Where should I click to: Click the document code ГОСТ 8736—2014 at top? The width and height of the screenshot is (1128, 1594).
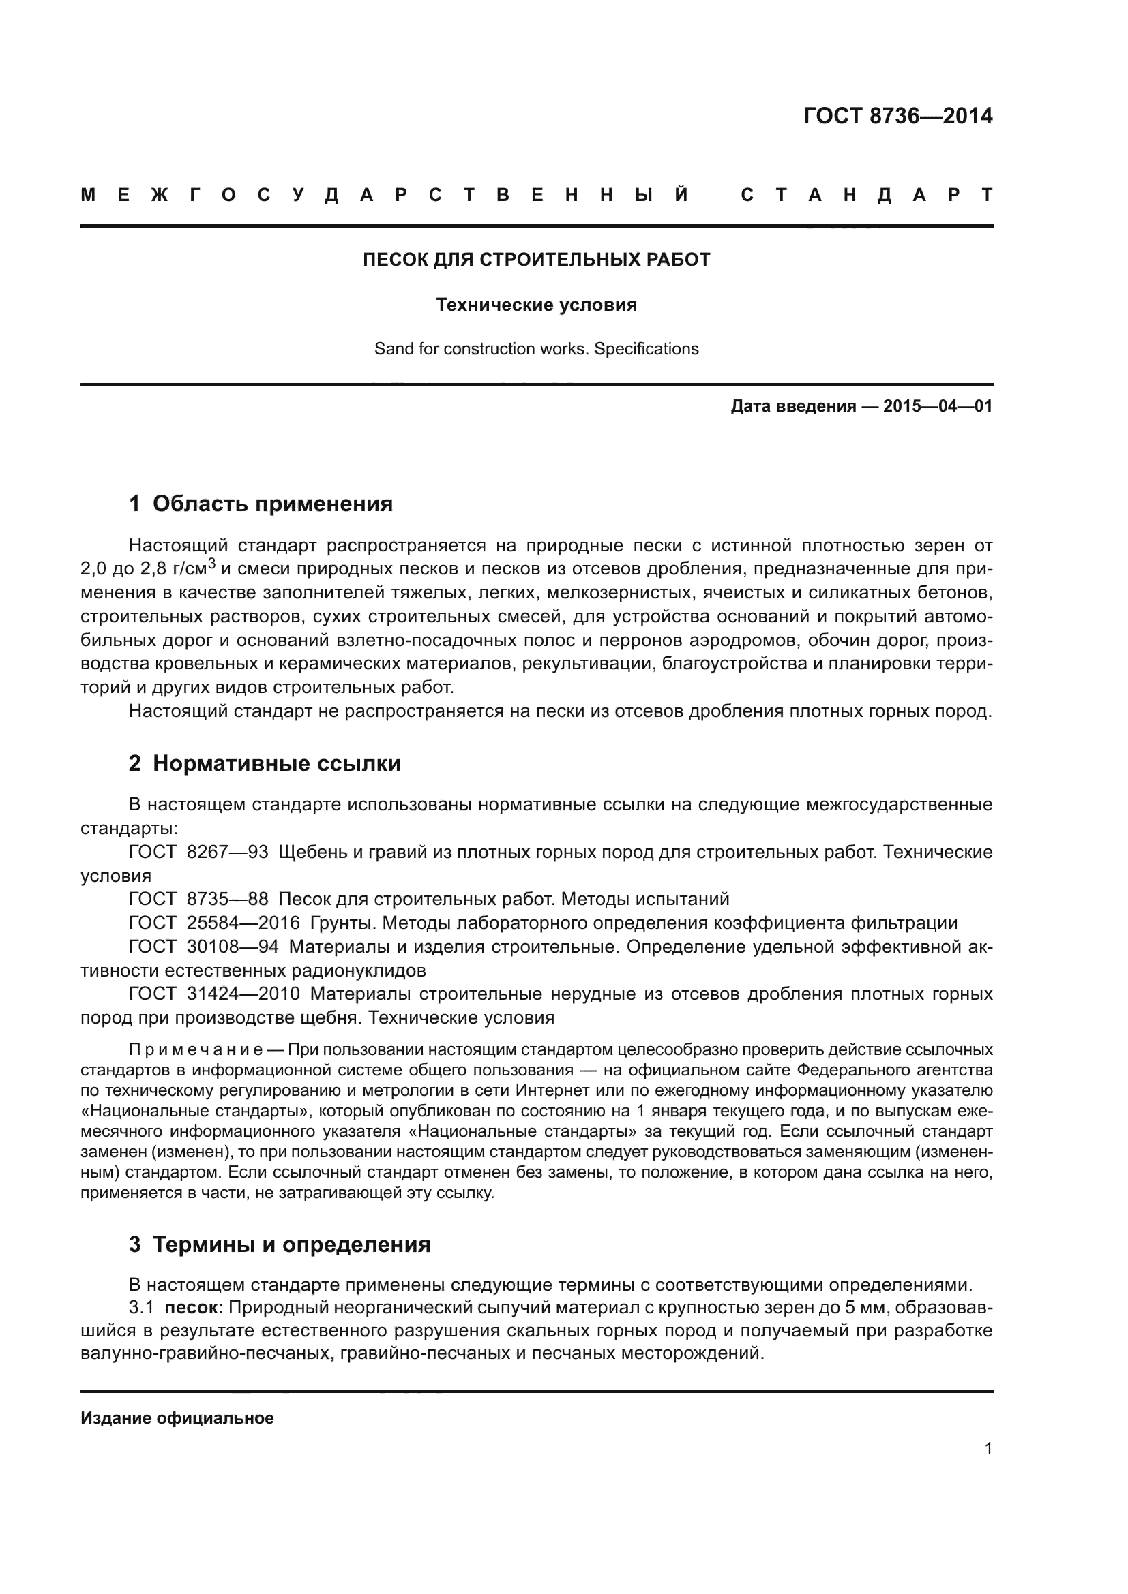[x=897, y=116]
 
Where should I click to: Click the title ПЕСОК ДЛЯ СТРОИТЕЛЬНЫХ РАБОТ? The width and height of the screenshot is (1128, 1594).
[x=536, y=260]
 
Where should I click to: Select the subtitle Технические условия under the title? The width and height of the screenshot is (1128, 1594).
[x=536, y=305]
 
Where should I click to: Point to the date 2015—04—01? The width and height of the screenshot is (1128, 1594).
[x=938, y=406]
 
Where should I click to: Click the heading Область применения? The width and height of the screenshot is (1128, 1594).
[x=272, y=504]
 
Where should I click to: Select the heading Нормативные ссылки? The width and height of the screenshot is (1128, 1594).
[x=276, y=764]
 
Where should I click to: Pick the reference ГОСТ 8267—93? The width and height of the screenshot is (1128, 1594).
[x=198, y=852]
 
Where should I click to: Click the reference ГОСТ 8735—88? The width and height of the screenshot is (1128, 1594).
[x=198, y=899]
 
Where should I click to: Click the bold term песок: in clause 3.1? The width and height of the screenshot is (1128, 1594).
[x=193, y=1307]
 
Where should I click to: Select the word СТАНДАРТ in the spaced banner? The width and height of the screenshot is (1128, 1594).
[x=867, y=196]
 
